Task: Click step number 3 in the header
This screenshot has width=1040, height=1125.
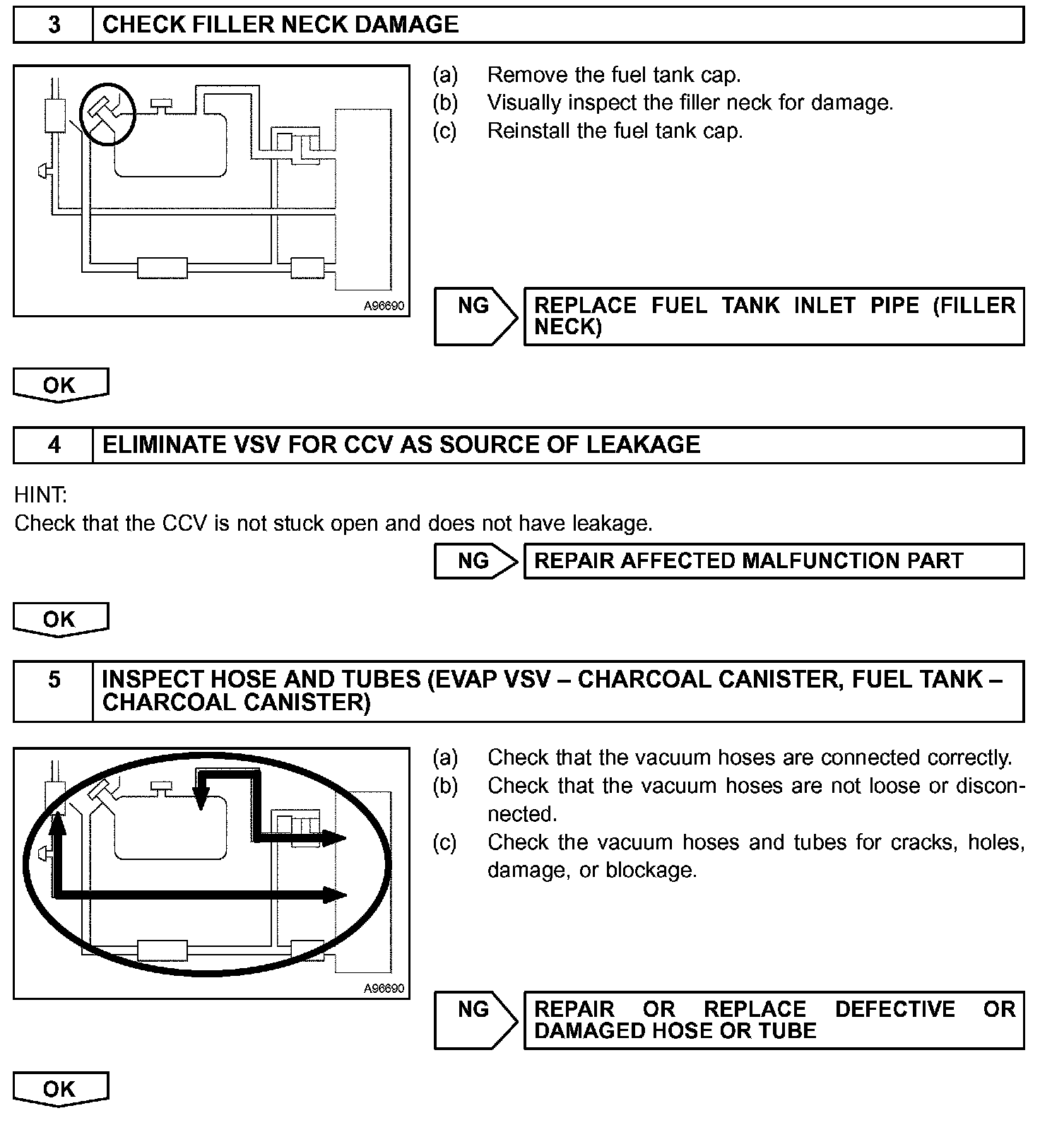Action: [54, 25]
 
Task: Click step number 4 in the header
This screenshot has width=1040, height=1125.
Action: [54, 445]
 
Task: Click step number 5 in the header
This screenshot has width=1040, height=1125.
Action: [54, 680]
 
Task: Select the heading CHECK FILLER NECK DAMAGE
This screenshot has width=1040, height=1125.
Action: [280, 25]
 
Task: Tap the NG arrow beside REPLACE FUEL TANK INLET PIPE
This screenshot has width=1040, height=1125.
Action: [475, 315]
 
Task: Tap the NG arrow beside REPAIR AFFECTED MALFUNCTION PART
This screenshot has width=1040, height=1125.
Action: [475, 561]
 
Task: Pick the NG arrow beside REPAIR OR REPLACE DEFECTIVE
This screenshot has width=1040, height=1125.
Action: [475, 1019]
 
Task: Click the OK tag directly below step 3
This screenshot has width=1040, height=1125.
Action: [60, 385]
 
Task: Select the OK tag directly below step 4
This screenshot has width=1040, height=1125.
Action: [60, 620]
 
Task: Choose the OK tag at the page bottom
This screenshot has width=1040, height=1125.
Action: [60, 1089]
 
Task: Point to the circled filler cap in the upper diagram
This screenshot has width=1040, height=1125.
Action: [106, 113]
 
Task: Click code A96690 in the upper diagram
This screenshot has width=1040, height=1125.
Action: [384, 306]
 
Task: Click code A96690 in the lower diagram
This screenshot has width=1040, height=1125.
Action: [384, 988]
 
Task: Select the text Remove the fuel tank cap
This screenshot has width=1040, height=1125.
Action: [613, 75]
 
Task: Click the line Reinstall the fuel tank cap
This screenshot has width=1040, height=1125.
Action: [615, 131]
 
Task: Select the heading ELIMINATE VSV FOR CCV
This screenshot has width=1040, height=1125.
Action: [401, 445]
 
